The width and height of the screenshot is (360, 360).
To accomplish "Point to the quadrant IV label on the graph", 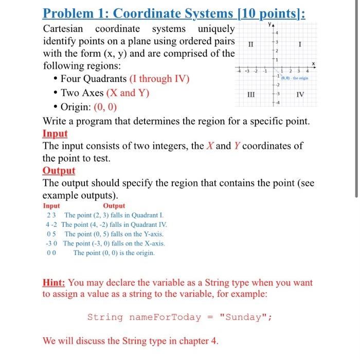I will tap(300, 95).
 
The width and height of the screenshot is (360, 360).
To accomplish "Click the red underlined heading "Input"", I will tap(55, 133).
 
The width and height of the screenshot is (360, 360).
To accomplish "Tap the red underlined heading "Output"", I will tap(59, 171).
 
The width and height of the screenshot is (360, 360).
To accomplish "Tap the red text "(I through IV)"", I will tap(159, 79).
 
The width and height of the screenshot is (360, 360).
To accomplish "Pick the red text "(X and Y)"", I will tap(128, 93).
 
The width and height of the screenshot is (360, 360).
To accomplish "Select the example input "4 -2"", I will tap(51, 225).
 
